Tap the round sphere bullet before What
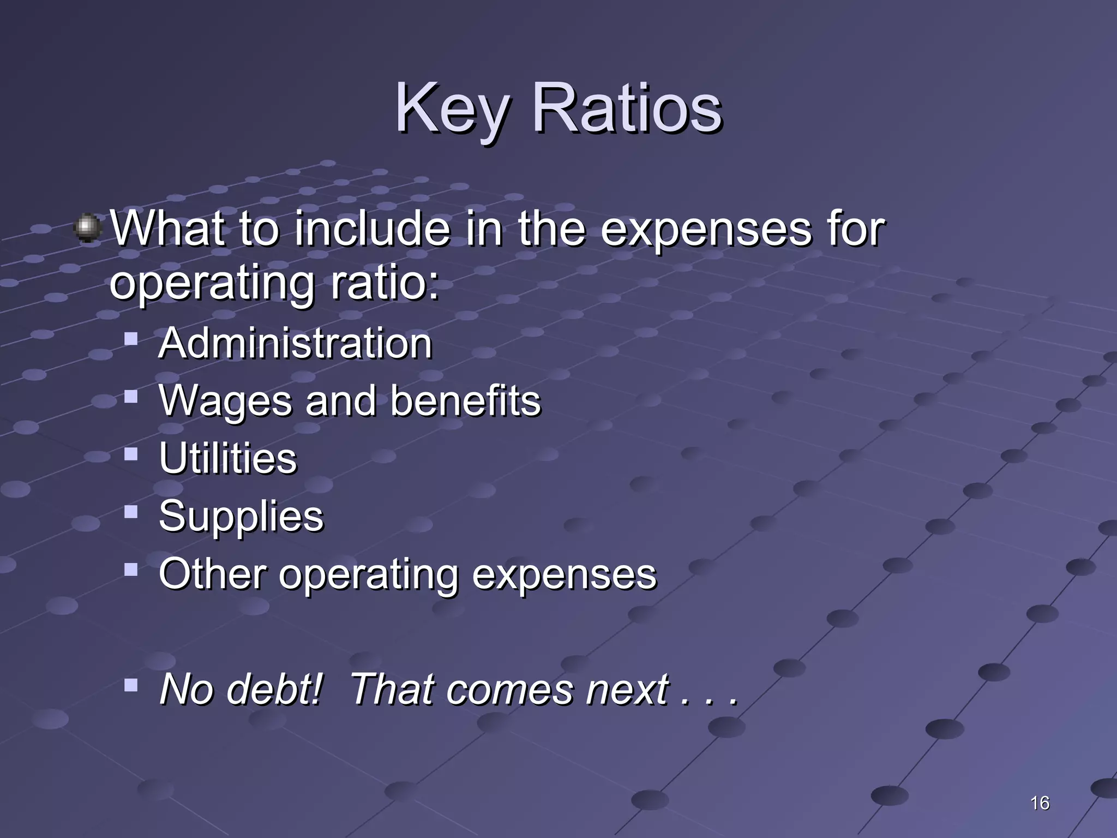pyautogui.click(x=87, y=228)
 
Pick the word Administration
pyautogui.click(x=295, y=343)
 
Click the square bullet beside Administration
pyautogui.click(x=131, y=339)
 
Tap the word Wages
pyautogui.click(x=225, y=402)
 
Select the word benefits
pyautogui.click(x=465, y=400)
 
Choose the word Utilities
pyautogui.click(x=228, y=458)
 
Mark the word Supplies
pyautogui.click(x=241, y=516)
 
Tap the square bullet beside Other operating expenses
pyautogui.click(x=131, y=570)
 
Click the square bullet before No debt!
pyautogui.click(x=131, y=685)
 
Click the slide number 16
pyautogui.click(x=1040, y=803)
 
